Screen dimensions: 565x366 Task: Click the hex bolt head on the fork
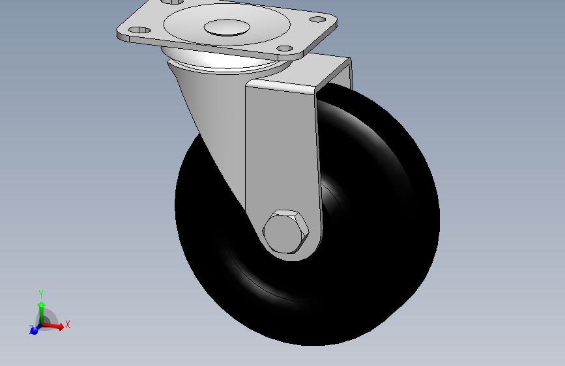[x=285, y=232]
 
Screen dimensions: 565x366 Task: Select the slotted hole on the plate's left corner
[x=139, y=30]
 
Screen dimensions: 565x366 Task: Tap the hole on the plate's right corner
[x=317, y=19]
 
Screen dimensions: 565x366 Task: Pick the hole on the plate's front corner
[x=285, y=48]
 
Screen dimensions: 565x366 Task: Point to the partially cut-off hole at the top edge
[x=172, y=2]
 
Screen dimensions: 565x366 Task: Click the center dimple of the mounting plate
[x=227, y=27]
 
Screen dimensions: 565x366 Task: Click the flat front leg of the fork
[x=283, y=151]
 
